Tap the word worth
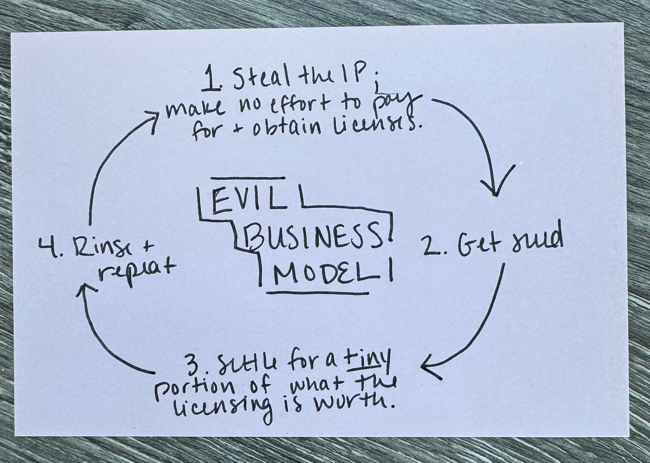click(361, 405)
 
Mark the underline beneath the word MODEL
click(317, 293)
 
